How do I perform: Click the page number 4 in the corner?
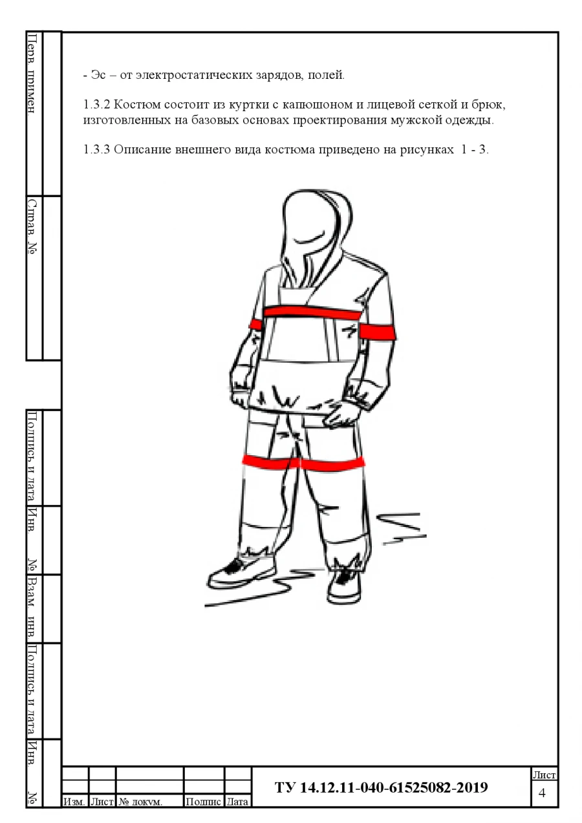(x=542, y=793)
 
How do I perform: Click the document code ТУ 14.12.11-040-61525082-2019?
(x=382, y=787)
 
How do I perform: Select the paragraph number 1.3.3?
(x=96, y=149)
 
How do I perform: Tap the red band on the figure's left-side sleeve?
(x=256, y=325)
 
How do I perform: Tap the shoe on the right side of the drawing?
(x=344, y=585)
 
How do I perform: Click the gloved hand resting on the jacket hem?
(x=343, y=414)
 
